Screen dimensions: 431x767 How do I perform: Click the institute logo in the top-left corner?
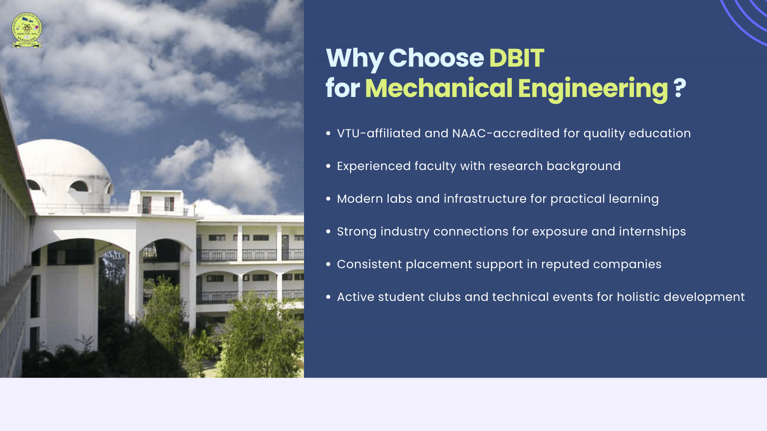27,30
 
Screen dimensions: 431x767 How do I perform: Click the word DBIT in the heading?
516,58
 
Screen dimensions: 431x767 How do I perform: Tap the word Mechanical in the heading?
438,88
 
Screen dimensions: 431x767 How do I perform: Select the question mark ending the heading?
680,88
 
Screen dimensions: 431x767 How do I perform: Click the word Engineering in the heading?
592,88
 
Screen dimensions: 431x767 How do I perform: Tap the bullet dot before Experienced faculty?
328,166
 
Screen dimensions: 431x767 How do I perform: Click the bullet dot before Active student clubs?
328,297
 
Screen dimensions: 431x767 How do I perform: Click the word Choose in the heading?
436,58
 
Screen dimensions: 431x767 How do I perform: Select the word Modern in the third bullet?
360,199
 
